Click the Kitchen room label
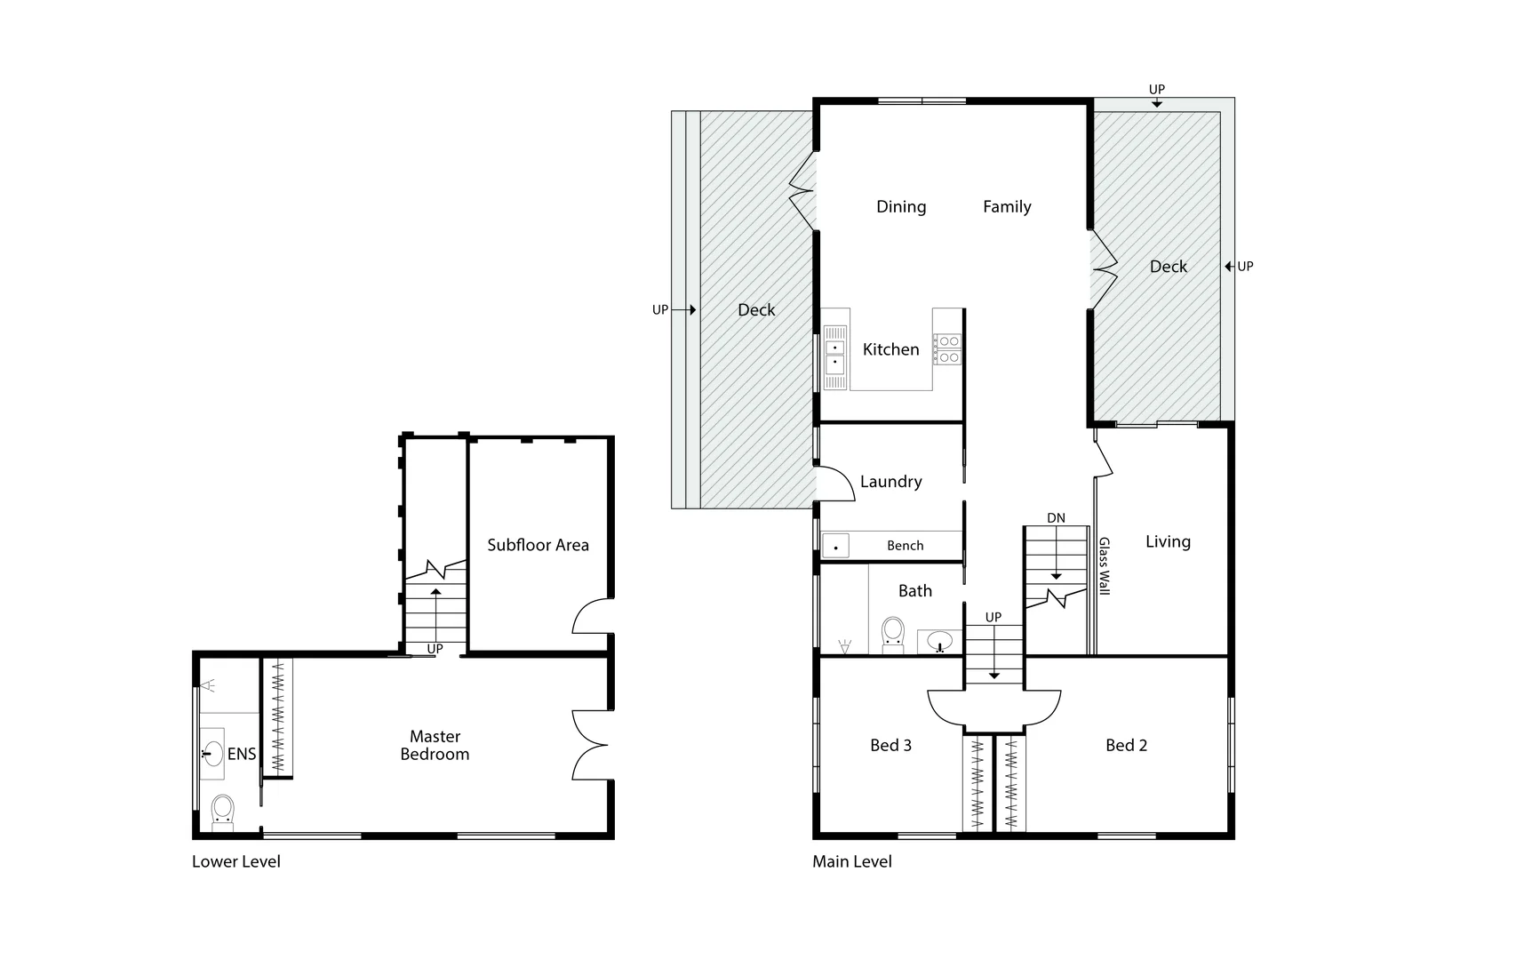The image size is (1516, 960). click(x=890, y=349)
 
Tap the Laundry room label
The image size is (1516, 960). click(x=890, y=481)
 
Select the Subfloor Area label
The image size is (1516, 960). click(x=538, y=545)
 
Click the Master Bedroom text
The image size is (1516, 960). click(x=435, y=745)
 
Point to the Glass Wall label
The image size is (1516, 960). click(x=1105, y=566)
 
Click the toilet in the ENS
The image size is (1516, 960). click(x=222, y=811)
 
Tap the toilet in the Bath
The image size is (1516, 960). click(x=892, y=634)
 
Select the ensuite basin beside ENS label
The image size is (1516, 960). click(x=211, y=753)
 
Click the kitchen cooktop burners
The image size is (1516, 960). click(x=948, y=348)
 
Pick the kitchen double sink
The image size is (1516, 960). click(x=834, y=356)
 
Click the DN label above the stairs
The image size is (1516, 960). click(x=1056, y=518)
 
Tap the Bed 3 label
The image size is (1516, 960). click(x=890, y=745)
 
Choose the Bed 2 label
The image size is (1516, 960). click(x=1126, y=745)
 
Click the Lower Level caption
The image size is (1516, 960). click(x=236, y=861)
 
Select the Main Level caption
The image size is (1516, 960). click(x=852, y=861)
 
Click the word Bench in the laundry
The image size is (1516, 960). click(x=905, y=546)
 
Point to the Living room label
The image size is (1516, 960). click(x=1168, y=541)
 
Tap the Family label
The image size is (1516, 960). click(x=1007, y=206)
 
